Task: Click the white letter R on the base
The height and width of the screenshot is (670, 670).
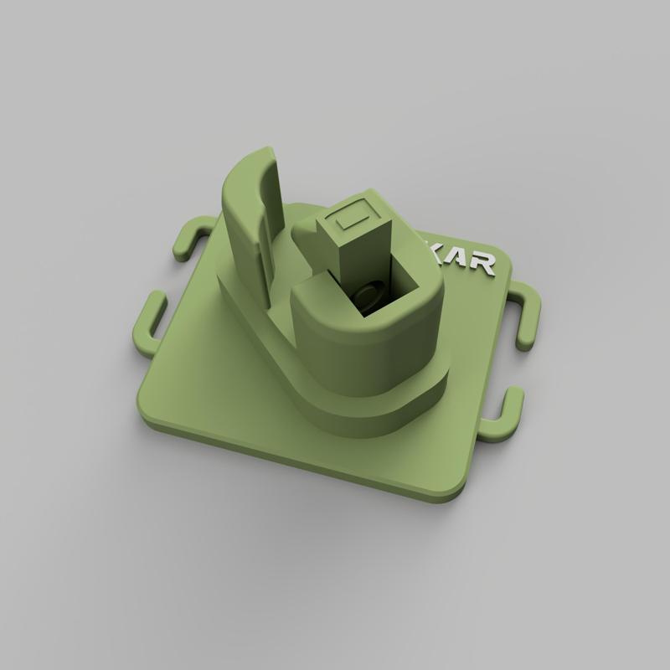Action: coord(485,266)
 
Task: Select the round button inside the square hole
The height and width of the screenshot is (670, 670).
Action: coord(367,295)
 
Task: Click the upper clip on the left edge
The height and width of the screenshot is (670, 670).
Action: coord(189,237)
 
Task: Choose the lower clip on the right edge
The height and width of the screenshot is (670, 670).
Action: coord(507,413)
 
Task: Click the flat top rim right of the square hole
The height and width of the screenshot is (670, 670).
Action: coord(427,293)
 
